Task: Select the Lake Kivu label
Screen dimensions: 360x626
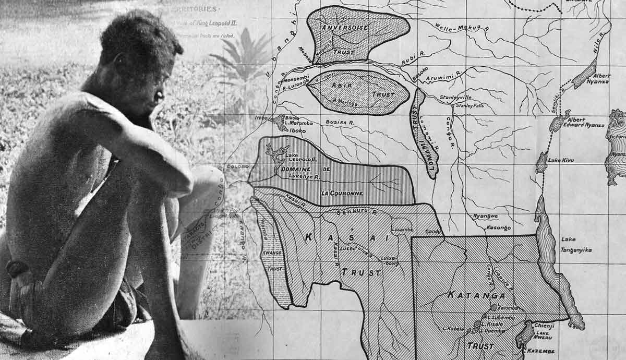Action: click(560, 160)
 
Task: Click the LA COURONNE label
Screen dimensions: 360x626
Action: click(342, 194)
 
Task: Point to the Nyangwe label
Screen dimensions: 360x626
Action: click(485, 215)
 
